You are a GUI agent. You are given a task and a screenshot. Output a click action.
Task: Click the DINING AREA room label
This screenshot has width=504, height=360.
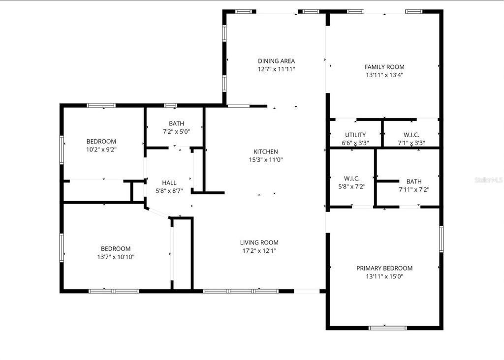276,61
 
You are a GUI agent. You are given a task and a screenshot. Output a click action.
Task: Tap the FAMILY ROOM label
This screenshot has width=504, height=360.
384,67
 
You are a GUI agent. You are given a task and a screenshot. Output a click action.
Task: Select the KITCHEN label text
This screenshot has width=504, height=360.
266,151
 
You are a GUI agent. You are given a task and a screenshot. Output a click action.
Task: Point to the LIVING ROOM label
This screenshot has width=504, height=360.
259,242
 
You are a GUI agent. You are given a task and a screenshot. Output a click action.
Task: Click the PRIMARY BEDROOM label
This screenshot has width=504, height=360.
384,268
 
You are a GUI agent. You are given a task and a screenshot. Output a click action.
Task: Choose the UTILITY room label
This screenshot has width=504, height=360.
355,135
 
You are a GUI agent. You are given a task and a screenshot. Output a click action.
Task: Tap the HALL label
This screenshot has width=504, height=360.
169,183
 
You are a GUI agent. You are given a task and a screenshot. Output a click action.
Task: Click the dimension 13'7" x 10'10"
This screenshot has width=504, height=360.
116,257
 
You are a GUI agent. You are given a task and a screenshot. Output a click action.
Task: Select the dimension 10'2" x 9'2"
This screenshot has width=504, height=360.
101,149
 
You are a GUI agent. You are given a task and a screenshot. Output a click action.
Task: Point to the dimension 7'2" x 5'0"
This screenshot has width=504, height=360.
176,132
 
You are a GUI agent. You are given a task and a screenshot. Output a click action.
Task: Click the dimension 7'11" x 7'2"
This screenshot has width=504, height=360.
413,189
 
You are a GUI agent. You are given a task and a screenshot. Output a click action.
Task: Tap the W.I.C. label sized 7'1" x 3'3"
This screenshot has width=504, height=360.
411,135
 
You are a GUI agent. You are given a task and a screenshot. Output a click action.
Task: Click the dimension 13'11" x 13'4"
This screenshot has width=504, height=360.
384,75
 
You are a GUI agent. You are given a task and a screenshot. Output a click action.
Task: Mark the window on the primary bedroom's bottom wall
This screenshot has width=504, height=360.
388,328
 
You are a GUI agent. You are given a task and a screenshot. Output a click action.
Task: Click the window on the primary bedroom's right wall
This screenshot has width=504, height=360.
441,239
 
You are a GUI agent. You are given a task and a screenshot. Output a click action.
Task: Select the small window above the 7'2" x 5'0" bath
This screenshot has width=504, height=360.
171,105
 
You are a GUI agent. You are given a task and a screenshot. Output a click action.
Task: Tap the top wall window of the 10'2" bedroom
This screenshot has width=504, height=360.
101,105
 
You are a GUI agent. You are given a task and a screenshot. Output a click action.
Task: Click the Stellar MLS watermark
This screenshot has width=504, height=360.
489,180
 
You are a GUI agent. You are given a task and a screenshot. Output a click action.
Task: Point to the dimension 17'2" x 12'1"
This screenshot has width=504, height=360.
259,251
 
